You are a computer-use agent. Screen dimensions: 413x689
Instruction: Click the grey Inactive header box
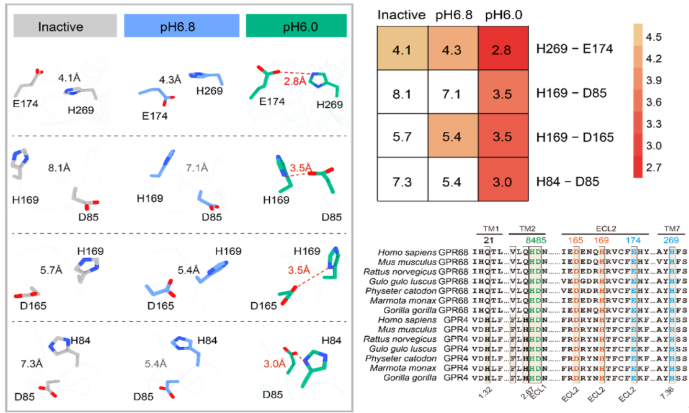[x=65, y=27]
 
